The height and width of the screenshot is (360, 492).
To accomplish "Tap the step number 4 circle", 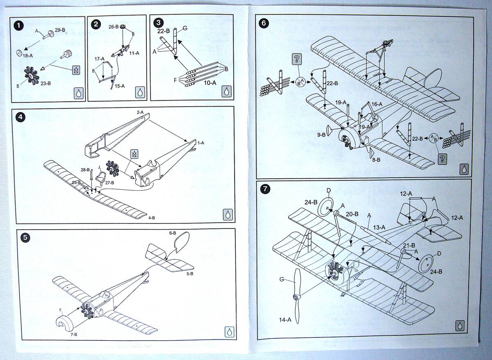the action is (20, 116).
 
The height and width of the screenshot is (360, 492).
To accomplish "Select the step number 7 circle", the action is (266, 189).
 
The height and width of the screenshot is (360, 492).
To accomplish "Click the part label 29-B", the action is (60, 30).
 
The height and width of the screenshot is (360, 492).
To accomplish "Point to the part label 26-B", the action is (114, 27).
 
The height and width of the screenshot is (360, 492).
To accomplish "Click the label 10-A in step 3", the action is (210, 83).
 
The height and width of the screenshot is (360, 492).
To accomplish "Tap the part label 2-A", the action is (140, 112).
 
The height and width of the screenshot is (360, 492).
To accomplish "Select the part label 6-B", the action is (173, 233).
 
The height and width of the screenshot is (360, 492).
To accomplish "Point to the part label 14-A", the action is (285, 319).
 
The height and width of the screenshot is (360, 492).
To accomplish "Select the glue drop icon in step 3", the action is (226, 91).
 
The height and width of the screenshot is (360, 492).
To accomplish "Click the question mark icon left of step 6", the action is (297, 59).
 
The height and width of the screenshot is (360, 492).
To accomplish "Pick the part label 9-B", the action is (321, 135).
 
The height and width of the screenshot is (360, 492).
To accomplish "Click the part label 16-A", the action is (377, 104).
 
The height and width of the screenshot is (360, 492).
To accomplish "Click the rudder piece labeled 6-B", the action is (182, 242).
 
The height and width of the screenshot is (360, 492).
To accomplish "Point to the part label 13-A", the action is (379, 228).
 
